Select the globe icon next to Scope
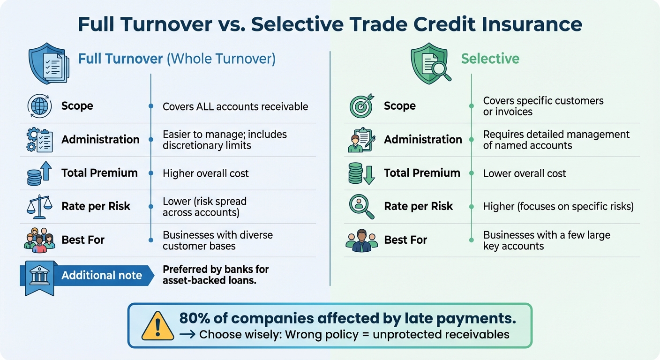coord(39,106)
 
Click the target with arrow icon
coord(362,105)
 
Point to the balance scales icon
coord(39,207)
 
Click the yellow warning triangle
coord(157,325)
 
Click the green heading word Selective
coord(490,59)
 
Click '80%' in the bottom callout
coord(198,318)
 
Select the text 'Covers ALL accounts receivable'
coord(235,106)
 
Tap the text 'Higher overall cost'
coord(205,173)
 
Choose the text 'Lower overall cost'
coord(525,173)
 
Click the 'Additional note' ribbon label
coord(101,275)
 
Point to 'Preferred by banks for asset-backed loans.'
coord(216,275)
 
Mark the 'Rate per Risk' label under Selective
coord(418,206)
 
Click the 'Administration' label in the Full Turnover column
coord(100,140)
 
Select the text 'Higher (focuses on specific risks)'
coord(558,206)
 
